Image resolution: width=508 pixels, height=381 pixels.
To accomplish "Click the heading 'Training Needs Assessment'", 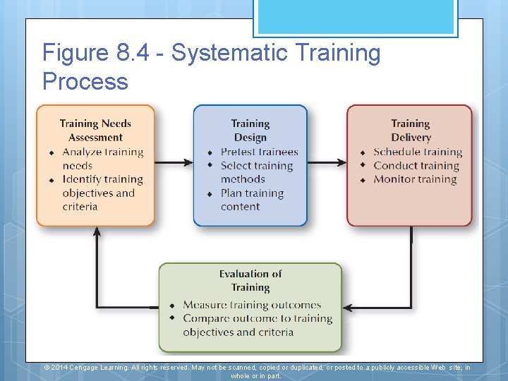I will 95,131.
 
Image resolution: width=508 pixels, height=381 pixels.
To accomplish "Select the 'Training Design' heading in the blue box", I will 250,131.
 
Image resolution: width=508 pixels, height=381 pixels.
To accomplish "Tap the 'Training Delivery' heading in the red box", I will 410,131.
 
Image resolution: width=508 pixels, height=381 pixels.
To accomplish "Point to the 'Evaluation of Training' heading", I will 250,280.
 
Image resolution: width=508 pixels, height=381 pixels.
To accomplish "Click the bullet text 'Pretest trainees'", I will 259,152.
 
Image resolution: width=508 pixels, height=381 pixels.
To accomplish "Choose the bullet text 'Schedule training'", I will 417,152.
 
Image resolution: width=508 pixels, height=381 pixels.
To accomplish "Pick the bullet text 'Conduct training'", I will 416,166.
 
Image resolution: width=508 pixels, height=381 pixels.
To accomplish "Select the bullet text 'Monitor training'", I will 415,179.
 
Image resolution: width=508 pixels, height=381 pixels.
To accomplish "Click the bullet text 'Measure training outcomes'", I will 252,305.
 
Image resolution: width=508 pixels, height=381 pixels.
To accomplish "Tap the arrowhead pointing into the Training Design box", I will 188,162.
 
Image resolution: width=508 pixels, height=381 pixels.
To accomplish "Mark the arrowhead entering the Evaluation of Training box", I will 347,308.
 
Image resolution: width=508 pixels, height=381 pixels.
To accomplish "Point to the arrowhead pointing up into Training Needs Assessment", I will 97,231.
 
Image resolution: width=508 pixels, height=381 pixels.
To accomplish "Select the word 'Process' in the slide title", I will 85,81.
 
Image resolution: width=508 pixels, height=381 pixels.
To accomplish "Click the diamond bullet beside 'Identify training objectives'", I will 52,181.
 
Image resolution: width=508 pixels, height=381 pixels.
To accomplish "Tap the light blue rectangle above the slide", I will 356,16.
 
